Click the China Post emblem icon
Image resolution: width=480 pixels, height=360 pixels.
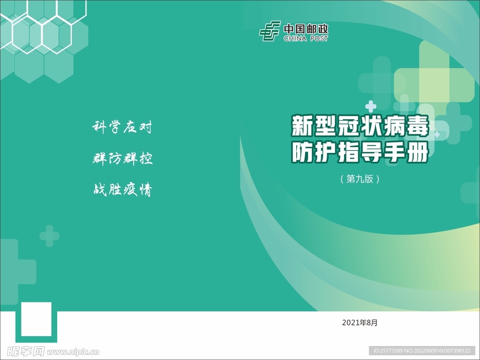tap(270, 31)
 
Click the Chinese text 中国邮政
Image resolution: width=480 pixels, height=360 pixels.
tap(306, 28)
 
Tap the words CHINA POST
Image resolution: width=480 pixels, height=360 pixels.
tap(306, 38)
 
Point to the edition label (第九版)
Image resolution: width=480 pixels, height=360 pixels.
tap(360, 179)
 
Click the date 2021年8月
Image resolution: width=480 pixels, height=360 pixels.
tap(360, 322)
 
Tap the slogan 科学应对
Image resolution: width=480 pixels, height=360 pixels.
tap(122, 127)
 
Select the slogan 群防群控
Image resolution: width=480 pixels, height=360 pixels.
tap(122, 158)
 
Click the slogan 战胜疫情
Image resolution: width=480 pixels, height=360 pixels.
tap(122, 190)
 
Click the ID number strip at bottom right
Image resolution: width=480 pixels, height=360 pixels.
tap(421, 351)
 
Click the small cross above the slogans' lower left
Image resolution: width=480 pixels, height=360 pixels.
tap(49, 235)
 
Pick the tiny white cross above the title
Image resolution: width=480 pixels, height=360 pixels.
tap(371, 106)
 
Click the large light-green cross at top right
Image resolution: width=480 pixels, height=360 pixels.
tap(434, 80)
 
